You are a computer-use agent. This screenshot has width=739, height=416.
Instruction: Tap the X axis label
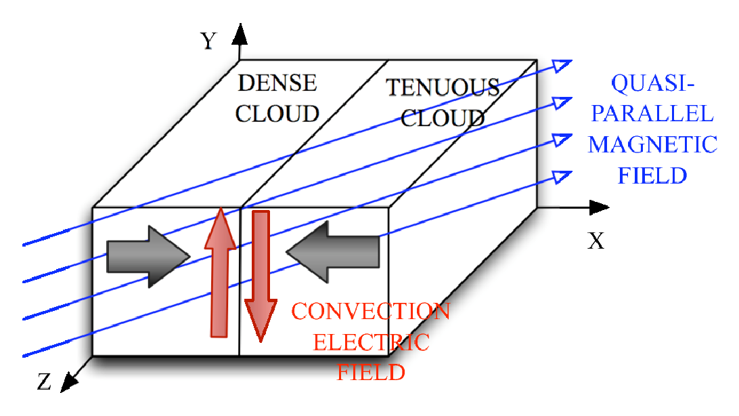[x=596, y=241]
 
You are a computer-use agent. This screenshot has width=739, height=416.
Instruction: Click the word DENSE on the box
[x=277, y=83]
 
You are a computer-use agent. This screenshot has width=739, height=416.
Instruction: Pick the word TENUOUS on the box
[x=443, y=87]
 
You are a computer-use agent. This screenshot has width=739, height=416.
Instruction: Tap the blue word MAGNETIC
[x=652, y=144]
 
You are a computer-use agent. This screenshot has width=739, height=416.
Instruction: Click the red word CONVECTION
[x=370, y=312]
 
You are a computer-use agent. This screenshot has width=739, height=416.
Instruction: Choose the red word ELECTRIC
[x=370, y=342]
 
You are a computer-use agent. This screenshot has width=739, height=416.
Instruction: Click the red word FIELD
[x=371, y=372]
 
